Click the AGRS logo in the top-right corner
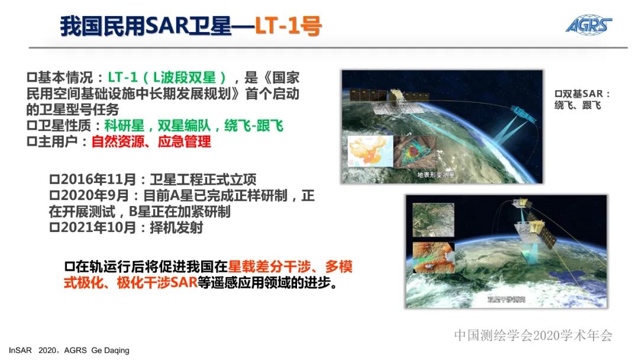pos(588,25)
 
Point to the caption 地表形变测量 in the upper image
pos(435,175)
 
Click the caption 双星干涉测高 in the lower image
pos(506,300)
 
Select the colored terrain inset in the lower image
pos(434,256)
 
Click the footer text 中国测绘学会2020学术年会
pos(533,335)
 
